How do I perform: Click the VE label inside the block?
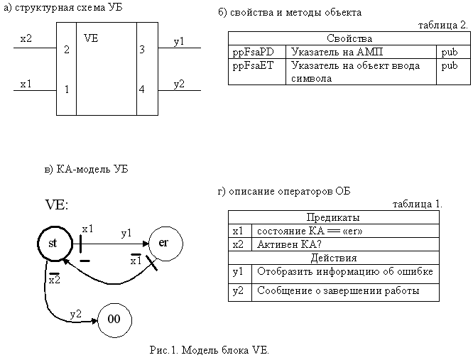tap(91, 38)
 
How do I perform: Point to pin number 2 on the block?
tap(67, 49)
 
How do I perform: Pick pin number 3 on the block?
tap(142, 49)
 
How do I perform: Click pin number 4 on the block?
tap(142, 89)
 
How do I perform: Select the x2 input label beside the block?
tap(26, 38)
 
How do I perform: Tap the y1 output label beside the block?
tap(179, 42)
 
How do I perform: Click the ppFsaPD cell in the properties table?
tap(253, 52)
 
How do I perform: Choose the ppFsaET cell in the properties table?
tap(253, 66)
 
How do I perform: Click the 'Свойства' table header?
tap(349, 38)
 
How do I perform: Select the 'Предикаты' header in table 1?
tap(333, 217)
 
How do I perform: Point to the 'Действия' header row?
tap(334, 258)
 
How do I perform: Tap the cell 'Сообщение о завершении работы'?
tap(338, 290)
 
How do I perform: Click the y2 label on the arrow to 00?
tap(76, 315)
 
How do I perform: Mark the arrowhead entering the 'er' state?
tap(146, 244)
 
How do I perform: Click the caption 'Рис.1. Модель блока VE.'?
tap(210, 350)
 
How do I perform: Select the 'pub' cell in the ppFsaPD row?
tap(450, 53)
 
